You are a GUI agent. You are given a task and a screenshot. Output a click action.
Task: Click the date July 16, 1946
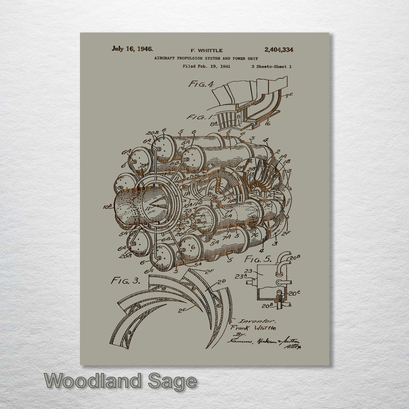[132, 49]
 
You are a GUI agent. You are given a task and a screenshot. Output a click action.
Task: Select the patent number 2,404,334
[279, 50]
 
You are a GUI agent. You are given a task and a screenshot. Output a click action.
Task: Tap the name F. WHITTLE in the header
[206, 50]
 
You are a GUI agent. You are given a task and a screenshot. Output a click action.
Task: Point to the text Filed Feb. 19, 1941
[206, 66]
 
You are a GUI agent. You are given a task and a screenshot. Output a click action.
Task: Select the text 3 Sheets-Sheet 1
[271, 67]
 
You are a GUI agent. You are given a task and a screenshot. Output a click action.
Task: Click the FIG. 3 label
[125, 281]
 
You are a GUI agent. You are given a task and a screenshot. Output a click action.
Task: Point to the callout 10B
[108, 207]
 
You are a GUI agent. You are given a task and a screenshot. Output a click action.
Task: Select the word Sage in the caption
[172, 381]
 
